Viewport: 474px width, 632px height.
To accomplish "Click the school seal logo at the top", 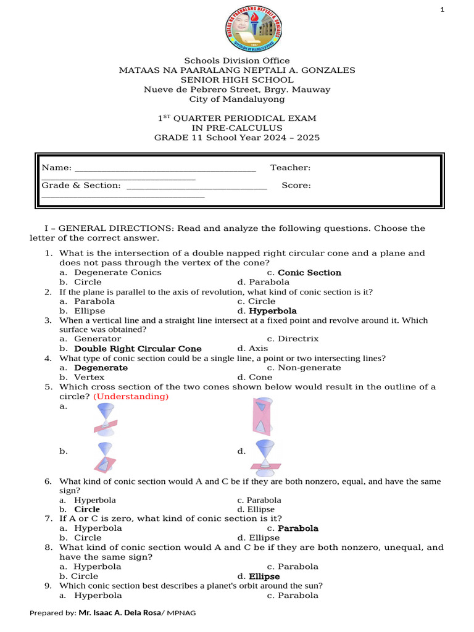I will coord(253,29).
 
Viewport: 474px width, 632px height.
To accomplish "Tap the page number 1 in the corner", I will coord(459,9).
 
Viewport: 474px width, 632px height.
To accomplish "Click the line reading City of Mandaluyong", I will coord(237,99).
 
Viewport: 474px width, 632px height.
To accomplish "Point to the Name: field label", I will coord(56,168).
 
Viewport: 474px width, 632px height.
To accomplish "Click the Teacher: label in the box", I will coord(290,168).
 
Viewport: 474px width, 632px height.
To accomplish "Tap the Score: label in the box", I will coord(296,185).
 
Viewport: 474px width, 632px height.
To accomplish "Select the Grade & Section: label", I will coord(81,185).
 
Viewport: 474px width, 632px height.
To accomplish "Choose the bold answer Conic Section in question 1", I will coord(309,273).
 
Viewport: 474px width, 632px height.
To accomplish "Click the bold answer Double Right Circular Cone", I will coord(138,349).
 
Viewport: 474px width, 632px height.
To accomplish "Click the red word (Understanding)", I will coord(131,397).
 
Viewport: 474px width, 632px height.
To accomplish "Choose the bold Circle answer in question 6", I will coord(87,510).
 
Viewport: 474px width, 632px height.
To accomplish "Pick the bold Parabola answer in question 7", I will coord(298,528).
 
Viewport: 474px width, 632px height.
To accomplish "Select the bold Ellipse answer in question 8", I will coord(264,576).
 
